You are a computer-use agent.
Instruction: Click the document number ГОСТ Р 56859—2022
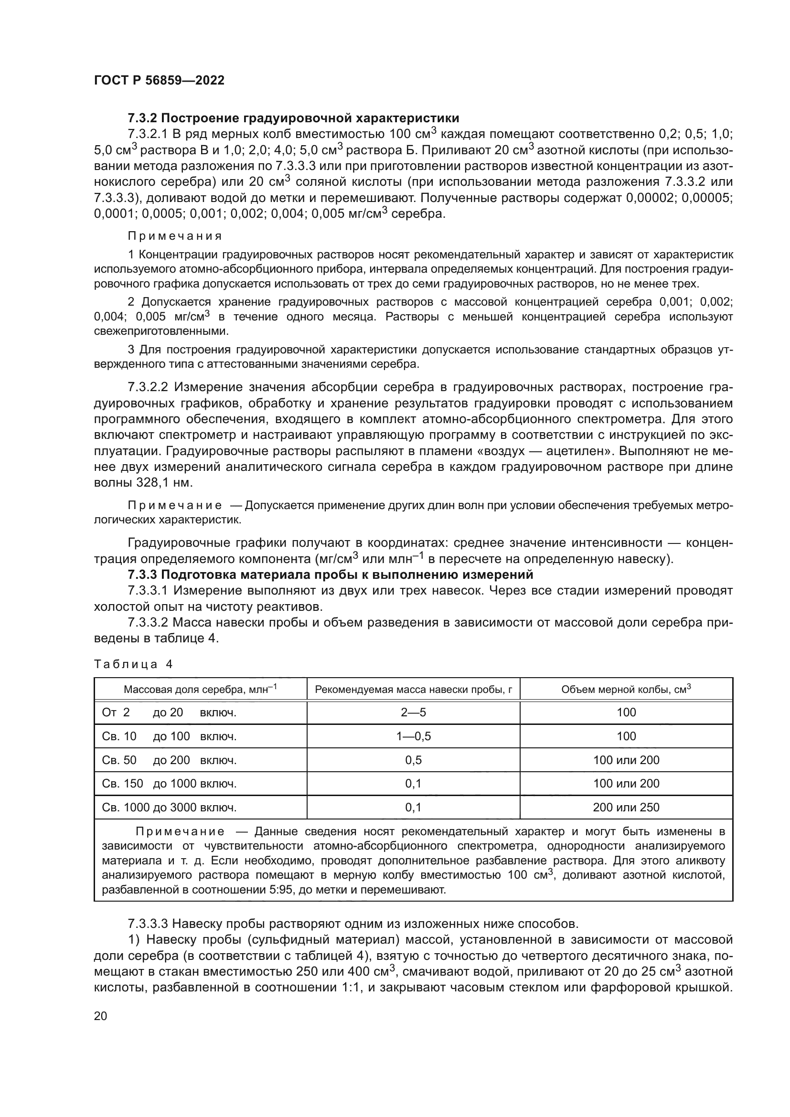(159, 81)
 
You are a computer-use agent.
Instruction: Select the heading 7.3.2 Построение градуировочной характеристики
(293, 118)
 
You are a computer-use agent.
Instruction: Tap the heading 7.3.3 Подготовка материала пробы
(331, 574)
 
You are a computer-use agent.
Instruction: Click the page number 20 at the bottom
(101, 1016)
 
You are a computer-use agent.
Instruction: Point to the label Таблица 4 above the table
(133, 665)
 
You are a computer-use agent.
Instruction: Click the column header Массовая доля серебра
(200, 690)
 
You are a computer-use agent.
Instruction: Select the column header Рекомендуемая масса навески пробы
(413, 690)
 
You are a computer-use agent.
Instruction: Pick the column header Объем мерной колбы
(626, 690)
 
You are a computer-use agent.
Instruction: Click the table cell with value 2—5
(413, 713)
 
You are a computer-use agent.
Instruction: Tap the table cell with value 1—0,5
(413, 736)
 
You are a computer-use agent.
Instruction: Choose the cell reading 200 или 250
(626, 808)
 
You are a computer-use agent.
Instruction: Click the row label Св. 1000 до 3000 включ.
(169, 808)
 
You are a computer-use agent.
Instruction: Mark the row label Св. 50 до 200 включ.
(169, 760)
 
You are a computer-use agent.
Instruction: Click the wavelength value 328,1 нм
(162, 483)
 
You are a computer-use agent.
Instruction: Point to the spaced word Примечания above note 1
(175, 236)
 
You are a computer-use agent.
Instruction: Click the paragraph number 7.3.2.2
(148, 387)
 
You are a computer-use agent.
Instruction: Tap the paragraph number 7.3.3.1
(148, 591)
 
